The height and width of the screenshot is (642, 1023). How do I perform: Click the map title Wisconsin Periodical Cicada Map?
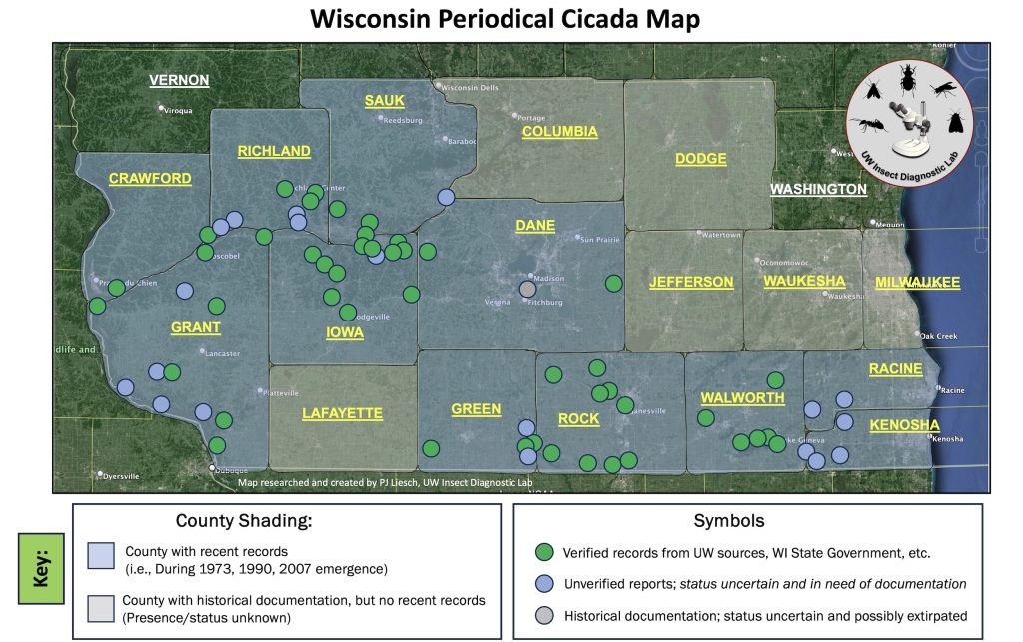tap(505, 19)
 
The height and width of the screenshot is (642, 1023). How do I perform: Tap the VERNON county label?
tap(179, 80)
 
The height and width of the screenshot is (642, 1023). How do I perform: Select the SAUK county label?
tap(384, 100)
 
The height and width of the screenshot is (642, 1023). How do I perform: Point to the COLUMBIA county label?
tap(559, 132)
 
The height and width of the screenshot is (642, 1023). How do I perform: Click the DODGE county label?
tap(700, 159)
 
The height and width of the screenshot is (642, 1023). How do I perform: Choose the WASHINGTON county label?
tap(818, 189)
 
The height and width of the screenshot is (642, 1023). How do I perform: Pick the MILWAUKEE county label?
tap(917, 283)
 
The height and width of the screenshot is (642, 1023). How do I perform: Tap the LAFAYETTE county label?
tap(343, 413)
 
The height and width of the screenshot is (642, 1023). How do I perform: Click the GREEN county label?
tap(476, 409)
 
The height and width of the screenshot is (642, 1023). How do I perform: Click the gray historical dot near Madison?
tap(528, 290)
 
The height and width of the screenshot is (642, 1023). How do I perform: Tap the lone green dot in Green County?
tap(431, 448)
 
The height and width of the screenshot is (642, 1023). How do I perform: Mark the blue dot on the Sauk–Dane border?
tap(446, 198)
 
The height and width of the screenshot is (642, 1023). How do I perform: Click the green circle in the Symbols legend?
tap(544, 552)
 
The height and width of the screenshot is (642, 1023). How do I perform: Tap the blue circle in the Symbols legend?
tap(544, 584)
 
